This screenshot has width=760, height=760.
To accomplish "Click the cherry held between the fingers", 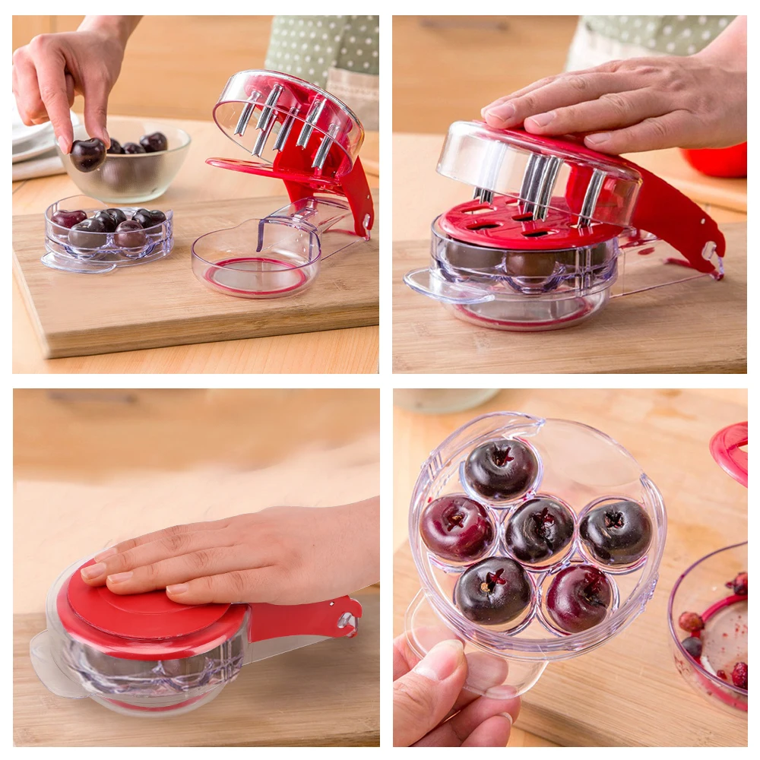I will (87, 154).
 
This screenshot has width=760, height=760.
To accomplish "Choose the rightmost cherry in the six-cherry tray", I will (616, 531).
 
